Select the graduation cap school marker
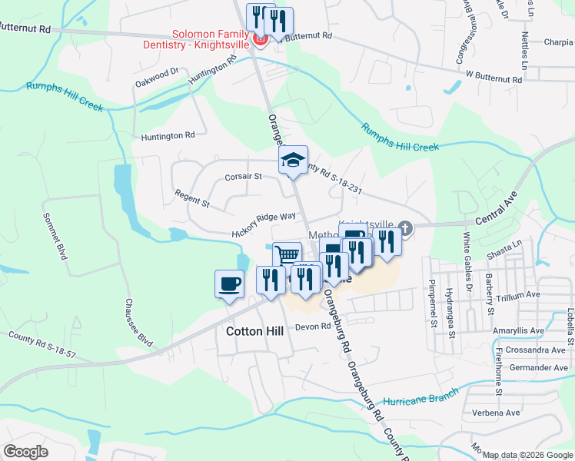(x=292, y=161)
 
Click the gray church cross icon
(x=407, y=227)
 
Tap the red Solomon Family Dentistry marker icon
(x=261, y=39)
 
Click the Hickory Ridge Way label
(x=264, y=226)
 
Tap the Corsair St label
(x=244, y=176)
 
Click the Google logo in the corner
(x=26, y=451)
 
